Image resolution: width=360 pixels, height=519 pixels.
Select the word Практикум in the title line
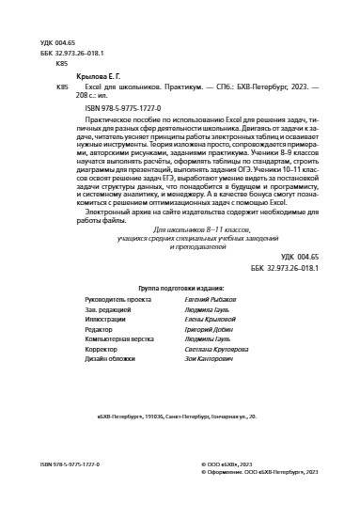(173, 86)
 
